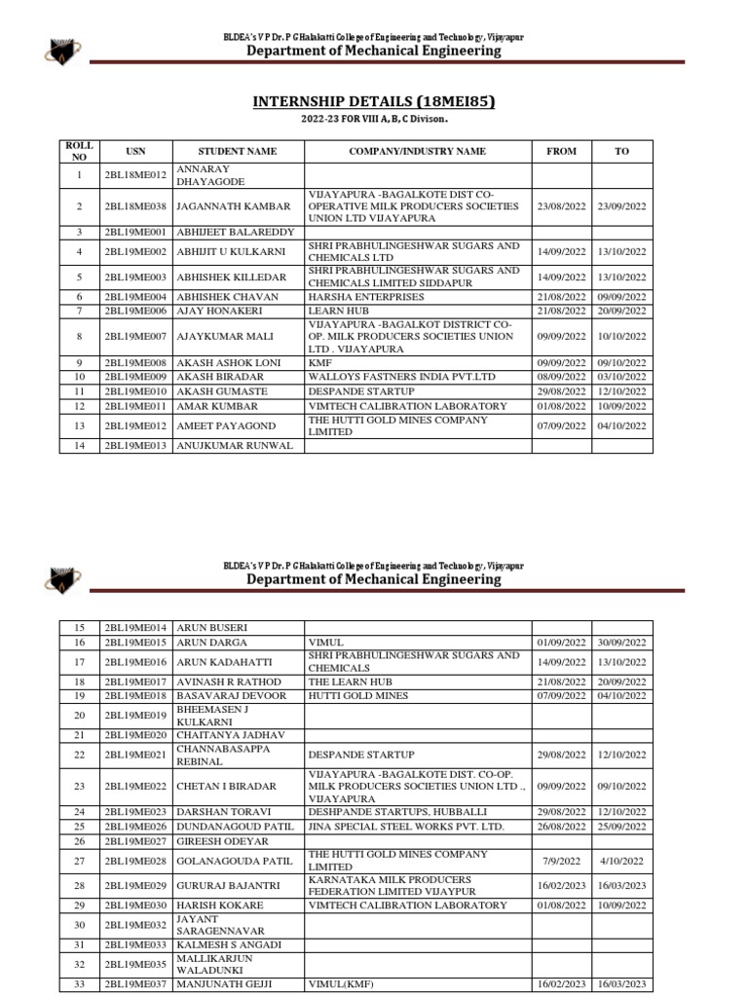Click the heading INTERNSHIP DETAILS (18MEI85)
click(374, 101)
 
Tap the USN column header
click(135, 152)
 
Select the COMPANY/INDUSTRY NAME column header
click(418, 152)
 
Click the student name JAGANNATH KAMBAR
click(233, 207)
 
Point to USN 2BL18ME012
click(135, 175)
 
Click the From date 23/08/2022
click(561, 207)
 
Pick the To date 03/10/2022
click(622, 376)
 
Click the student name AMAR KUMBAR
click(217, 406)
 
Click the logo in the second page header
click(62, 579)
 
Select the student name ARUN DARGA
click(211, 643)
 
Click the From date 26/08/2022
click(561, 827)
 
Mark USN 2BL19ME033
click(135, 945)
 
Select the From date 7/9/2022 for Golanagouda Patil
click(561, 861)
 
